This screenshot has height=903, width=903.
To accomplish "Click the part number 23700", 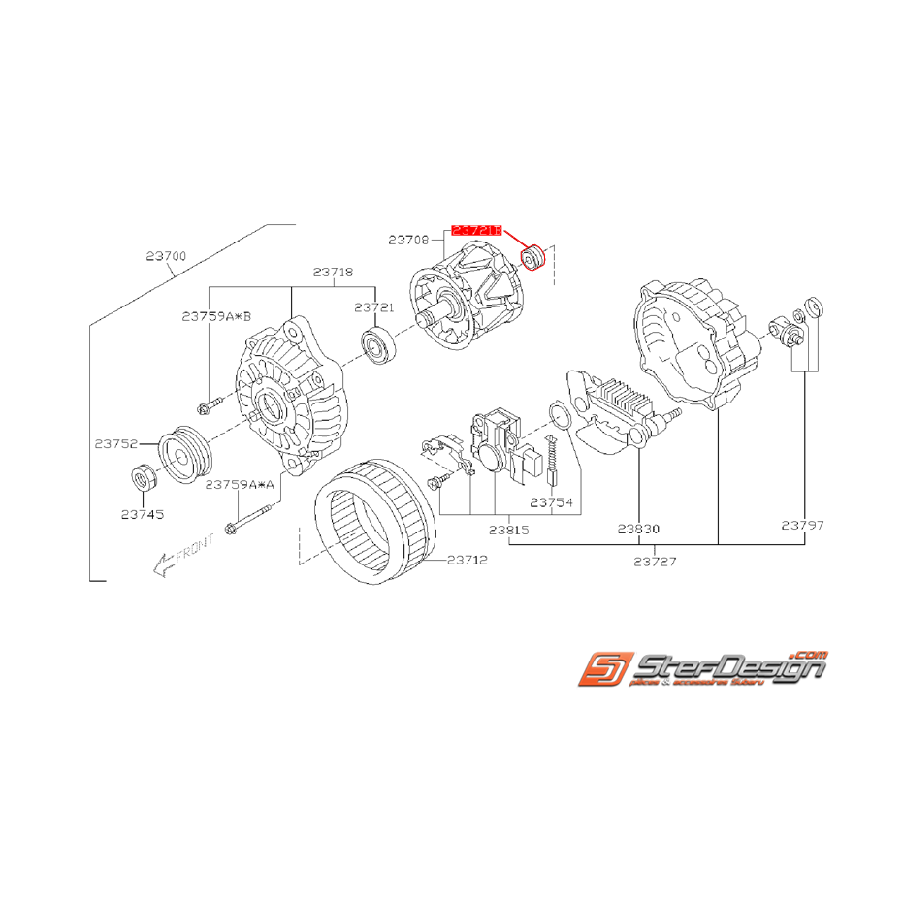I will point(166,257).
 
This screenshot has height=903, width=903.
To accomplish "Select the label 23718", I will point(332,273).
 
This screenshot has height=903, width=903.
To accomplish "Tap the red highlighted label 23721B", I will point(475,231).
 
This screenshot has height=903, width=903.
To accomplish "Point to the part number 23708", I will point(408,239).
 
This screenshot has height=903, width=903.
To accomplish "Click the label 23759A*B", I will point(216,315).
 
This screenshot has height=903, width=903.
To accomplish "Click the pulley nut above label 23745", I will point(144,479).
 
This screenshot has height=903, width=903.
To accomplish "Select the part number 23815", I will point(508,530).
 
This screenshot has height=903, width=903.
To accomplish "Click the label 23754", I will point(551,503).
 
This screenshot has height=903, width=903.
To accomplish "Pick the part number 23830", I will point(638,530).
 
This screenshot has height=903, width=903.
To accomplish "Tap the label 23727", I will point(656,561).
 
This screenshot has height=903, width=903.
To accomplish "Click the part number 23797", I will point(802,525).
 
